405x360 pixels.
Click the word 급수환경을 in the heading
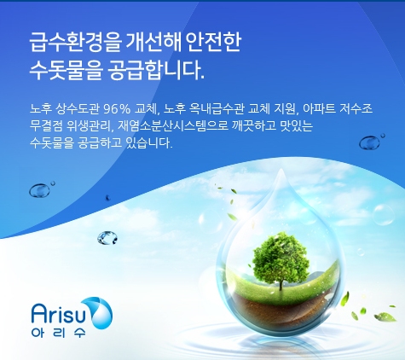pos(75,43)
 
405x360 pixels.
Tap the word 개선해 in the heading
pos(153,43)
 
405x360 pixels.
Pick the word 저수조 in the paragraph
pos(356,108)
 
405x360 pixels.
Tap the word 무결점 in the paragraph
pos(46,125)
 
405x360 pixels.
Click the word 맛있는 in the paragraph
pos(297,125)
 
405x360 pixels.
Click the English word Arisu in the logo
pos(59,313)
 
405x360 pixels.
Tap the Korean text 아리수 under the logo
pos(59,333)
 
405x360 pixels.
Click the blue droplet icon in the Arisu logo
pos(101,313)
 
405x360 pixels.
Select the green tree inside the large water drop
pos(280,259)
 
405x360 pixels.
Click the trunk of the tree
pos(281,283)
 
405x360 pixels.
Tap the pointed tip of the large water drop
pos(281,169)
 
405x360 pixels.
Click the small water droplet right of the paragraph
pos(369,142)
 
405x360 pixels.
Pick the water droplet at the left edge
pos(39,190)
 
